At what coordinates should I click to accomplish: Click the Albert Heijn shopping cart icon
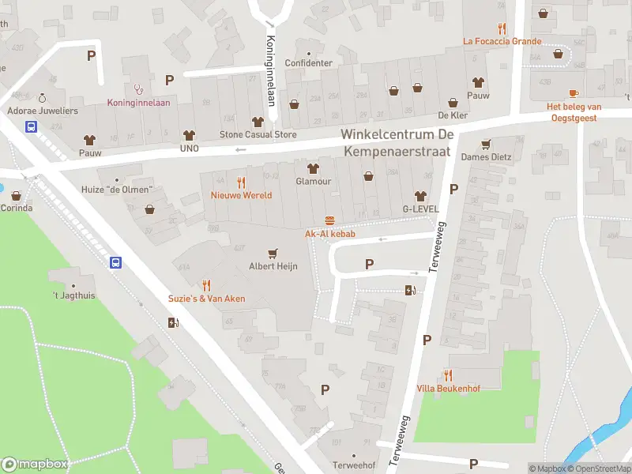(273, 254)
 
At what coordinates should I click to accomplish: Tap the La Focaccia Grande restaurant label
(502, 41)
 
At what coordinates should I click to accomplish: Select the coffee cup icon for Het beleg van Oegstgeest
(574, 93)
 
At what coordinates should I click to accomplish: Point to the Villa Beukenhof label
(449, 388)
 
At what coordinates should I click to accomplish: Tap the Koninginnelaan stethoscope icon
(139, 89)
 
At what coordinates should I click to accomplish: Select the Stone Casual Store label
(258, 134)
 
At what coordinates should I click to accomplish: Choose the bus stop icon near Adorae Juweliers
(32, 126)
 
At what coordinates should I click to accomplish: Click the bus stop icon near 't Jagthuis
(115, 263)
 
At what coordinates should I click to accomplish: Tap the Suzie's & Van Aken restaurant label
(206, 299)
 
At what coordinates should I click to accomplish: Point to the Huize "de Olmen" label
(118, 190)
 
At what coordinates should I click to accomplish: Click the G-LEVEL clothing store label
(419, 209)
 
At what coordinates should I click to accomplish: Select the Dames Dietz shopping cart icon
(486, 144)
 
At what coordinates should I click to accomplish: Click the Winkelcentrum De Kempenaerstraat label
(396, 141)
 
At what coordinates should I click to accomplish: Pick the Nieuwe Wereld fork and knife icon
(241, 182)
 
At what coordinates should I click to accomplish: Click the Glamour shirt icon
(312, 167)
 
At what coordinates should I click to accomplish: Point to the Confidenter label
(308, 63)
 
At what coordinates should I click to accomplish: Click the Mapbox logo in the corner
(35, 465)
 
